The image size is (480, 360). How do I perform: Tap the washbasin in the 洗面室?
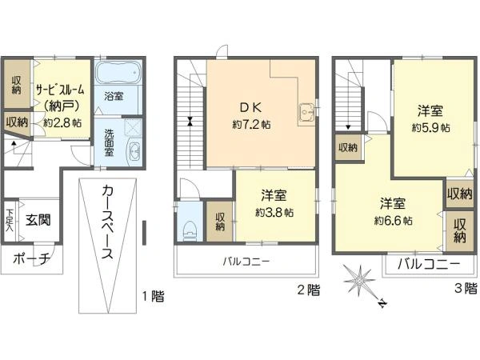(134, 151)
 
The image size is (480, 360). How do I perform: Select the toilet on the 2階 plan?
(190, 230)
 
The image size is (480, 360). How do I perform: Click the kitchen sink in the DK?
(306, 113)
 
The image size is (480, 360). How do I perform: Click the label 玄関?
(38, 220)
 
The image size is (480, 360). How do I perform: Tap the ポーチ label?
(31, 258)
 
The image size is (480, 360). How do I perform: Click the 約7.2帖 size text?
(251, 125)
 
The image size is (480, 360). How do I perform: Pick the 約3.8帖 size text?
(274, 212)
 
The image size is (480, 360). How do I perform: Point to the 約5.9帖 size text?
(431, 128)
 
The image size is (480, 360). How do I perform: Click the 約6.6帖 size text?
(393, 221)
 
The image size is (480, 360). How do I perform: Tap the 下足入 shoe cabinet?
(10, 221)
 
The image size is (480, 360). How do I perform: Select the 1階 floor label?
(153, 296)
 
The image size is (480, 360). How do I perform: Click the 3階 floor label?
(466, 288)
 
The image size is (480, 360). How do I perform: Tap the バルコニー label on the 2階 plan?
(246, 262)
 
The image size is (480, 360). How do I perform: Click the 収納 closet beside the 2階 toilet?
(220, 222)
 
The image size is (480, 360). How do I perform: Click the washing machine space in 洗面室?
(133, 128)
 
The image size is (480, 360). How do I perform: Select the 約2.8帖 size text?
(62, 122)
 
